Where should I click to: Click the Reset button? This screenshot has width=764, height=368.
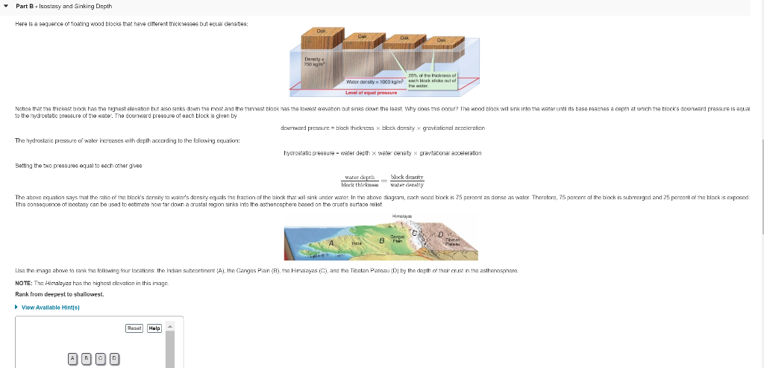[134, 328]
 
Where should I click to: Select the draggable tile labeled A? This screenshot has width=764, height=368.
[73, 358]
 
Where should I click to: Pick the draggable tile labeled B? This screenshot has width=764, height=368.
[87, 358]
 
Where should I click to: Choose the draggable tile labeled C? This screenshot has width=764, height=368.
[100, 358]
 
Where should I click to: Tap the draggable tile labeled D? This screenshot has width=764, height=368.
[113, 358]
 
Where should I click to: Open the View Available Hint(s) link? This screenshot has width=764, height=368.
[49, 307]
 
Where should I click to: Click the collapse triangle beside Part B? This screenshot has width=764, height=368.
[6, 6]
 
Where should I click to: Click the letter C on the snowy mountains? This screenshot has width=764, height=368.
[422, 233]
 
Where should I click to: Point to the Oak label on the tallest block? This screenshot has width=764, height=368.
[322, 30]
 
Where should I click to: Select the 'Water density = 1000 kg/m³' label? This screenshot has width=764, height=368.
[375, 80]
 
